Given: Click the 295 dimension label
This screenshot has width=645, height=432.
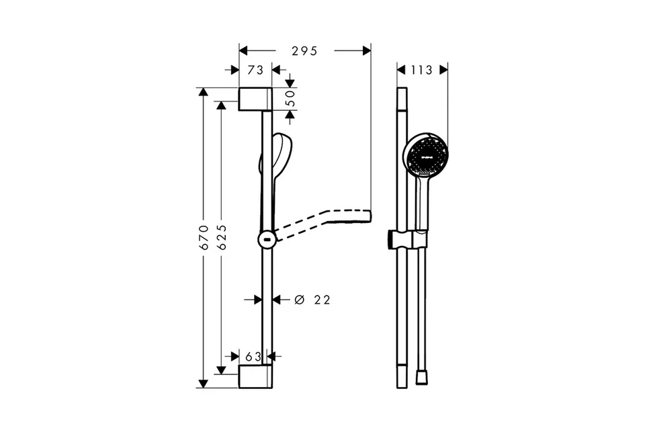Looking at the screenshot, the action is point(304,51).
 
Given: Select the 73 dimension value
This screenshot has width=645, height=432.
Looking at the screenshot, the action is point(255,70).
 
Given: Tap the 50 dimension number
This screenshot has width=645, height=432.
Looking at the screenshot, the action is point(291,99).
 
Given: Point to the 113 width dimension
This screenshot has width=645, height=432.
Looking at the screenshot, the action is point(422,70).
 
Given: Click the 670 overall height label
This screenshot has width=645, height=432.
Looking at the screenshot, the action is point(204,237).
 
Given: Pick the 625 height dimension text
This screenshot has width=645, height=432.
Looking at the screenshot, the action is point(222,237).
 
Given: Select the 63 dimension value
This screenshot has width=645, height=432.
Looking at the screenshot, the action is point(253,356).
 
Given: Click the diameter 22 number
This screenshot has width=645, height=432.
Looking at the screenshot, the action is point(322,300).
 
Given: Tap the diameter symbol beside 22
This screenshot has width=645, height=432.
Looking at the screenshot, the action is point(300,300).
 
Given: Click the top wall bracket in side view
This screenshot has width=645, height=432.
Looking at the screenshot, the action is point(255,99).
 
